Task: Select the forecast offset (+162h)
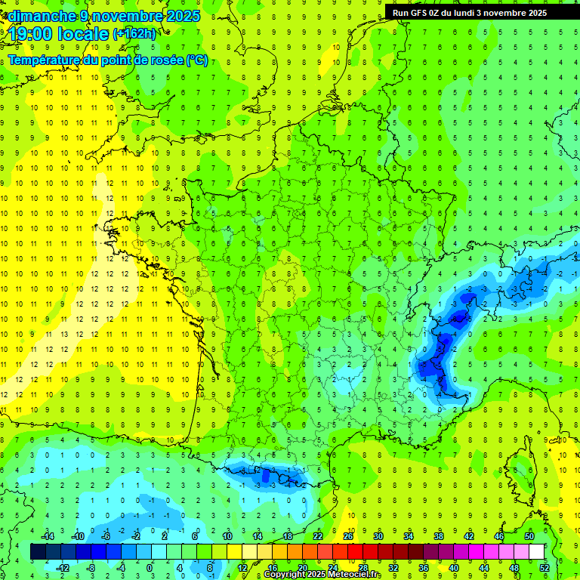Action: coord(134,34)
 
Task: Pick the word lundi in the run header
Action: coord(469,13)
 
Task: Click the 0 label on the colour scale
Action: coord(150,567)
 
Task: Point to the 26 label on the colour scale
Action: coord(348,535)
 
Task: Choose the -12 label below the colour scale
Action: coord(63,567)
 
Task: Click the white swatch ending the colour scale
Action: coord(537,552)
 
